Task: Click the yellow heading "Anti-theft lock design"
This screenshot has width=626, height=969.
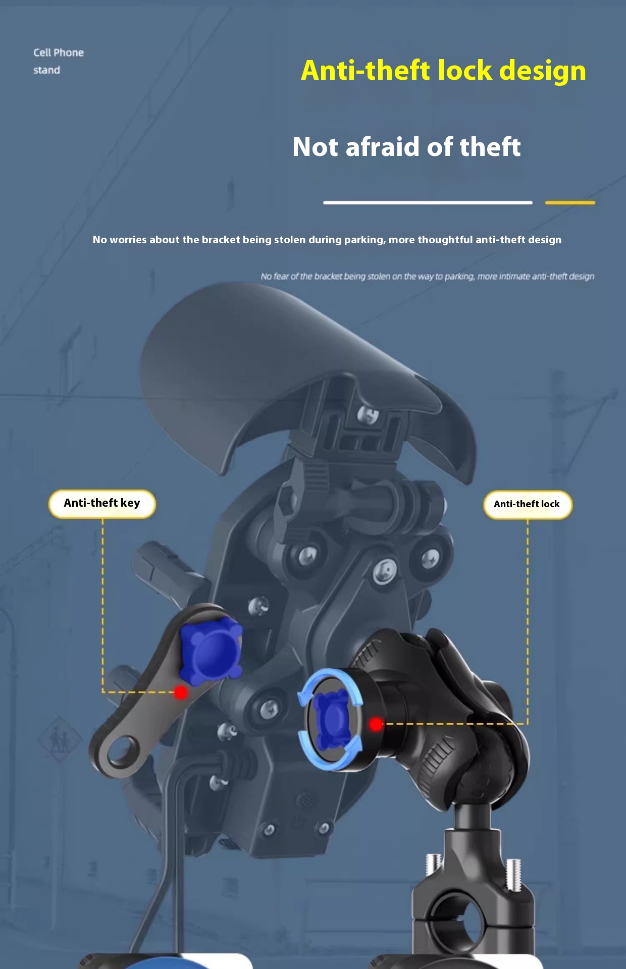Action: [443, 70]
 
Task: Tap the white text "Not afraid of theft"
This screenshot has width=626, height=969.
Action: [406, 147]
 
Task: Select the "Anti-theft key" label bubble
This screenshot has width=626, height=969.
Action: [102, 503]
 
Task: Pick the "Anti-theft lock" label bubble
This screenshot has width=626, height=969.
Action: [527, 504]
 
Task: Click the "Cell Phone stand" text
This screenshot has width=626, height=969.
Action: [58, 61]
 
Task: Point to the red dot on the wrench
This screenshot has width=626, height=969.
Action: [181, 692]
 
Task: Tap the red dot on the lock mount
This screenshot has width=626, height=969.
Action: [376, 724]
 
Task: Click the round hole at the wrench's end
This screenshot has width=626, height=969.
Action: [120, 752]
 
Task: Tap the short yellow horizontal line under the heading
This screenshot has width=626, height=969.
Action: [569, 203]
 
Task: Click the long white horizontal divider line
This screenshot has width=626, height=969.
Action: [428, 203]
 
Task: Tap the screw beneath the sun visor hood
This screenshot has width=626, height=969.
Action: [368, 415]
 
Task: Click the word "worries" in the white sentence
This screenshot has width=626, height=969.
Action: [128, 240]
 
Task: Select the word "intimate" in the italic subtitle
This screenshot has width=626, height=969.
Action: [515, 277]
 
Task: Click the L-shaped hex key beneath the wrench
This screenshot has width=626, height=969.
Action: [177, 818]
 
